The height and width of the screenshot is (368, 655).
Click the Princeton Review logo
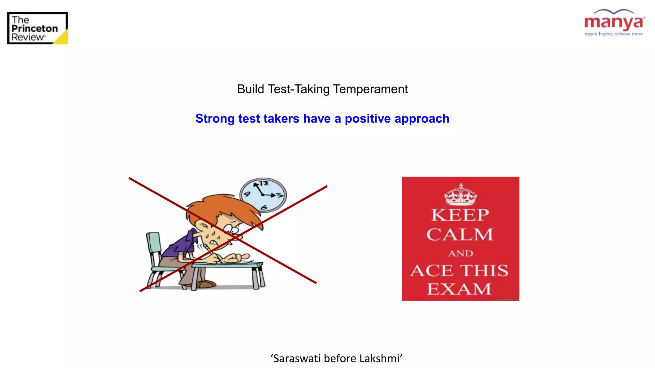click(37, 28)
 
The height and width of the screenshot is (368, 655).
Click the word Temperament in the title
click(370, 89)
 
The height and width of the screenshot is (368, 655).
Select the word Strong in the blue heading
click(215, 119)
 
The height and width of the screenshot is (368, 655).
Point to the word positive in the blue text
click(367, 119)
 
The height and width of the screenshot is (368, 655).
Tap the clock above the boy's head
click(263, 195)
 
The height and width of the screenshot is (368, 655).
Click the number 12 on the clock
click(264, 183)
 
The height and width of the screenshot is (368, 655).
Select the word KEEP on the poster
click(460, 215)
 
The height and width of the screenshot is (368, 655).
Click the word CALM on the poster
click(460, 234)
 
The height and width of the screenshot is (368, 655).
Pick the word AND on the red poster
click(461, 253)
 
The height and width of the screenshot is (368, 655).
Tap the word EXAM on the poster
click(459, 289)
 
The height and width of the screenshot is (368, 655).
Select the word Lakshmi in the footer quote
click(380, 358)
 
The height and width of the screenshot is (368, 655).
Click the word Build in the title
click(250, 89)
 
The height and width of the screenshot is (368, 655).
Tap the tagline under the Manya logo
click(613, 34)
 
